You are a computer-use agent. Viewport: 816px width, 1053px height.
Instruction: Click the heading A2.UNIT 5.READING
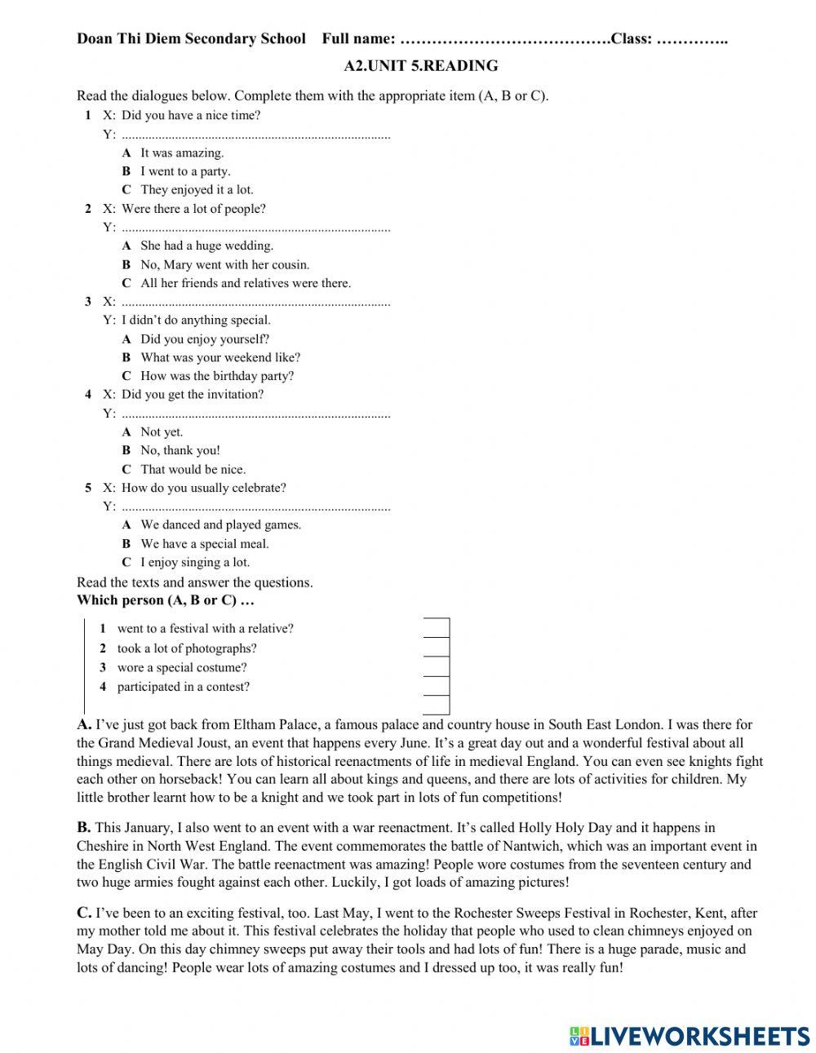(x=421, y=66)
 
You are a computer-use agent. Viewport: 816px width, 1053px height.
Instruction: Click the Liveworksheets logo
(x=690, y=1035)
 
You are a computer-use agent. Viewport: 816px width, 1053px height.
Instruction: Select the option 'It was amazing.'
(x=181, y=153)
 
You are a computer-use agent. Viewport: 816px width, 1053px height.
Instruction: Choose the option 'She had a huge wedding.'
(x=206, y=246)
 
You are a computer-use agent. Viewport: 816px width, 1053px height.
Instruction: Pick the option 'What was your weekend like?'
(x=220, y=357)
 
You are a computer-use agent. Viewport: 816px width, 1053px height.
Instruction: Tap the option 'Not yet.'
(x=162, y=432)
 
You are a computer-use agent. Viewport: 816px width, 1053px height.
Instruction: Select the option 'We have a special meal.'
(x=204, y=544)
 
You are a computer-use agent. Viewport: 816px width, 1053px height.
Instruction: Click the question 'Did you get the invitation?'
(x=193, y=395)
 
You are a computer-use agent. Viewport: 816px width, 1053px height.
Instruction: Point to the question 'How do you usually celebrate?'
(x=204, y=489)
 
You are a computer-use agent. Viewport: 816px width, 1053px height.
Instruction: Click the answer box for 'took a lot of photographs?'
(x=437, y=648)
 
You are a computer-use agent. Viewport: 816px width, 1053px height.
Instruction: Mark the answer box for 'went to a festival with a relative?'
(x=437, y=628)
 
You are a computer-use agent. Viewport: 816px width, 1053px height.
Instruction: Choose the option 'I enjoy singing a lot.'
(x=195, y=563)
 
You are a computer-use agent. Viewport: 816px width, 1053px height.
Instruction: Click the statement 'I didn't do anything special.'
(x=196, y=321)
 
